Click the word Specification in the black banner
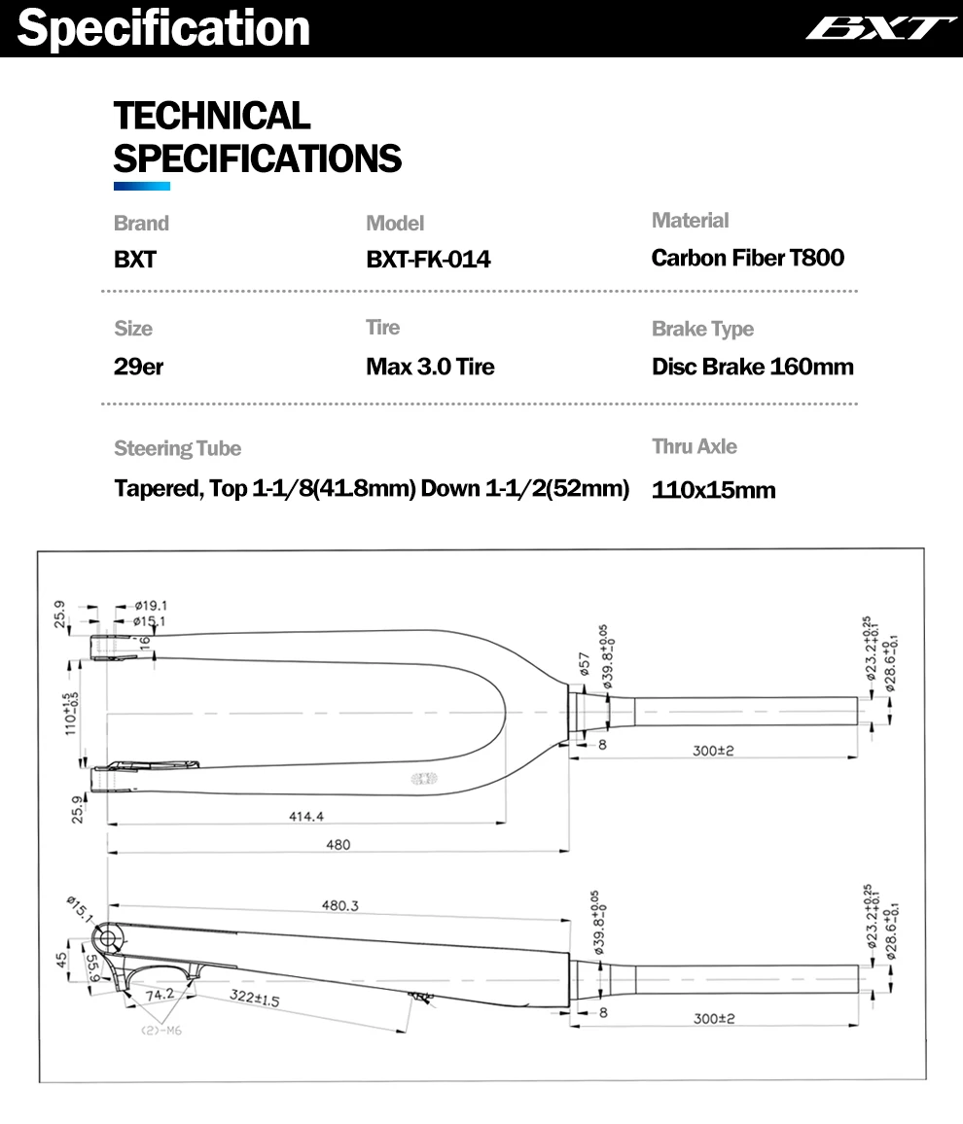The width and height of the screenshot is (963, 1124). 163,28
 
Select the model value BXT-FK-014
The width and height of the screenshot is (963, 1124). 428,260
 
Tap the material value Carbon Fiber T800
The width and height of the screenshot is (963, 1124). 747,258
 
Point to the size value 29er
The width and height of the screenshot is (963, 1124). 138,368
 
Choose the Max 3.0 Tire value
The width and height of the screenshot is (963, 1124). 430,368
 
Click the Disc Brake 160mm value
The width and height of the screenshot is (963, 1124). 752,368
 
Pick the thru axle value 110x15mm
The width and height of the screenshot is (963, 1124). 713,490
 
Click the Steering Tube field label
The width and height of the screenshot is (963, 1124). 177,448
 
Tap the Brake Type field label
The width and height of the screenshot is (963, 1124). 702,330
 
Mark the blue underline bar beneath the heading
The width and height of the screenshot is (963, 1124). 142,186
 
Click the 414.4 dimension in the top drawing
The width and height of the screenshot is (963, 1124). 305,816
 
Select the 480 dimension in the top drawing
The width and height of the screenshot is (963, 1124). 338,845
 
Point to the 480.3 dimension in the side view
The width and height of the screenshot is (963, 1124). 340,905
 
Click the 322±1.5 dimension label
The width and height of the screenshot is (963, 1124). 256,998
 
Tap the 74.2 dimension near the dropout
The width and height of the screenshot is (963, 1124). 159,995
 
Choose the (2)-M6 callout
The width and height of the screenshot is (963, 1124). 162,1030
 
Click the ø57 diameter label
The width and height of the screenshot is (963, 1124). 585,664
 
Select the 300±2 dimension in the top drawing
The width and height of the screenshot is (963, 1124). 714,750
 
